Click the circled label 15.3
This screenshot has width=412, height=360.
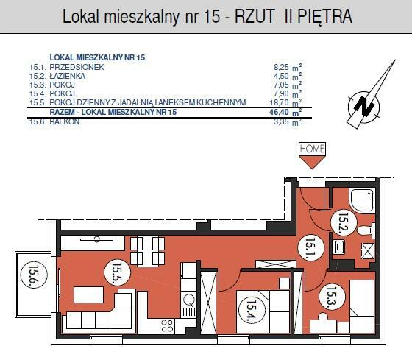(x=331, y=296)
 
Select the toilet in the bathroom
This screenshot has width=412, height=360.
(x=367, y=230)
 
